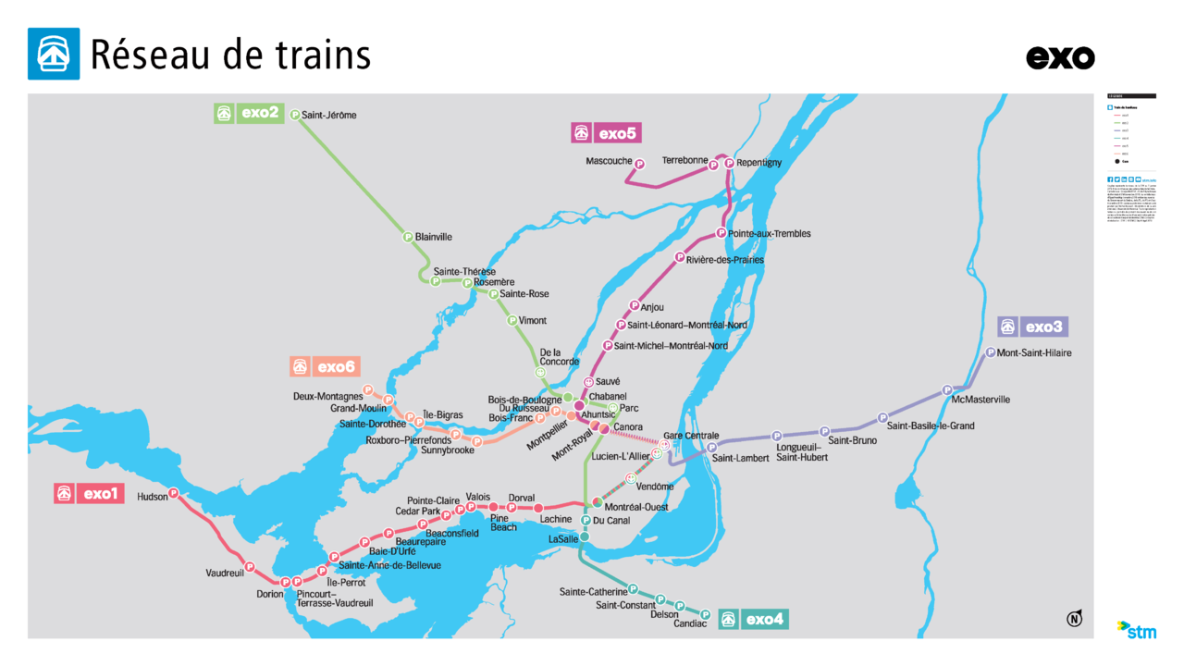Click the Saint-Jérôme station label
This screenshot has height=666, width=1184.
click(x=328, y=116)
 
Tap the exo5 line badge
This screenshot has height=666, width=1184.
click(x=607, y=133)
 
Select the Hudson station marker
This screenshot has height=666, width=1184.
click(x=173, y=493)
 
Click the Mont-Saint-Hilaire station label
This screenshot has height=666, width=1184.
click(x=1034, y=352)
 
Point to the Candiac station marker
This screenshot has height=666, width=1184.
click(x=705, y=613)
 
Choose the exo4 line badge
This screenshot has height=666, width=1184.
click(x=754, y=619)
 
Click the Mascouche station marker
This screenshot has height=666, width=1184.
click(x=639, y=163)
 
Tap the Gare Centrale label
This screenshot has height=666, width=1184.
click(x=691, y=436)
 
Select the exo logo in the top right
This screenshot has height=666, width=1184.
click(x=1060, y=57)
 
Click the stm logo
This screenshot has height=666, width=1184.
click(x=1137, y=630)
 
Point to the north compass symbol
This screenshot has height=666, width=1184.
click(x=1074, y=619)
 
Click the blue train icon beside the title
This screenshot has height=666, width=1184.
click(x=54, y=54)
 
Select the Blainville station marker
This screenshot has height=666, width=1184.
click(x=408, y=237)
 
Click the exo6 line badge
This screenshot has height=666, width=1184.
click(x=324, y=366)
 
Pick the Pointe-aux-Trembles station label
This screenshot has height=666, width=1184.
click(x=769, y=233)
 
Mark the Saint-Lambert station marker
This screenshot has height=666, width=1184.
click(x=711, y=448)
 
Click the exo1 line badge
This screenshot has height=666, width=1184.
click(x=89, y=494)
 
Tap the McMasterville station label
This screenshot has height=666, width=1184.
click(x=980, y=400)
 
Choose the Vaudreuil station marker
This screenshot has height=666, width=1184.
click(x=249, y=566)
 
